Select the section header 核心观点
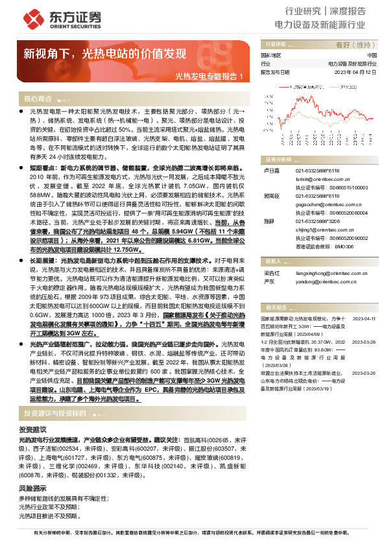pos(38,99)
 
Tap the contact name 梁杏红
pos(270,274)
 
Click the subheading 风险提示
pos(32,488)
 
